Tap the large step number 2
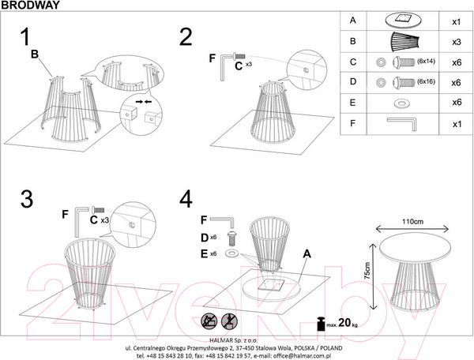click(186, 36)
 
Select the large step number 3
click(28, 199)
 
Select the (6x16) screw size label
click(427, 82)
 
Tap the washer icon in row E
click(401, 103)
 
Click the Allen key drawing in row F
click(405, 122)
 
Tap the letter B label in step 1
click(34, 54)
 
